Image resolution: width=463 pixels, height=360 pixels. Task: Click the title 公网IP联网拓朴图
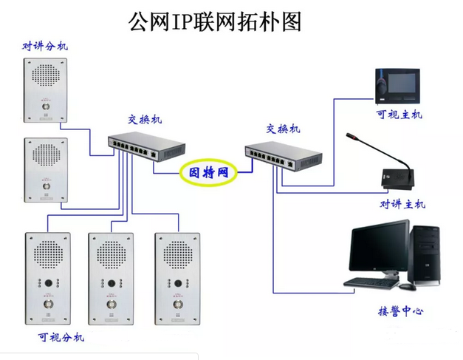point(215,21)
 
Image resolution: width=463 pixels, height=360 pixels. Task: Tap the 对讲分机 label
point(45,47)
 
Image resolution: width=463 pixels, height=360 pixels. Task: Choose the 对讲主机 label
point(402,204)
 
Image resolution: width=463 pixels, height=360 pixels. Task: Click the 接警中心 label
point(400,311)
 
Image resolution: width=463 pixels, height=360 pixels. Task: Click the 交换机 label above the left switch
point(145,120)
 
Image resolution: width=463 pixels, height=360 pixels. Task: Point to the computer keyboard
point(371,282)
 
